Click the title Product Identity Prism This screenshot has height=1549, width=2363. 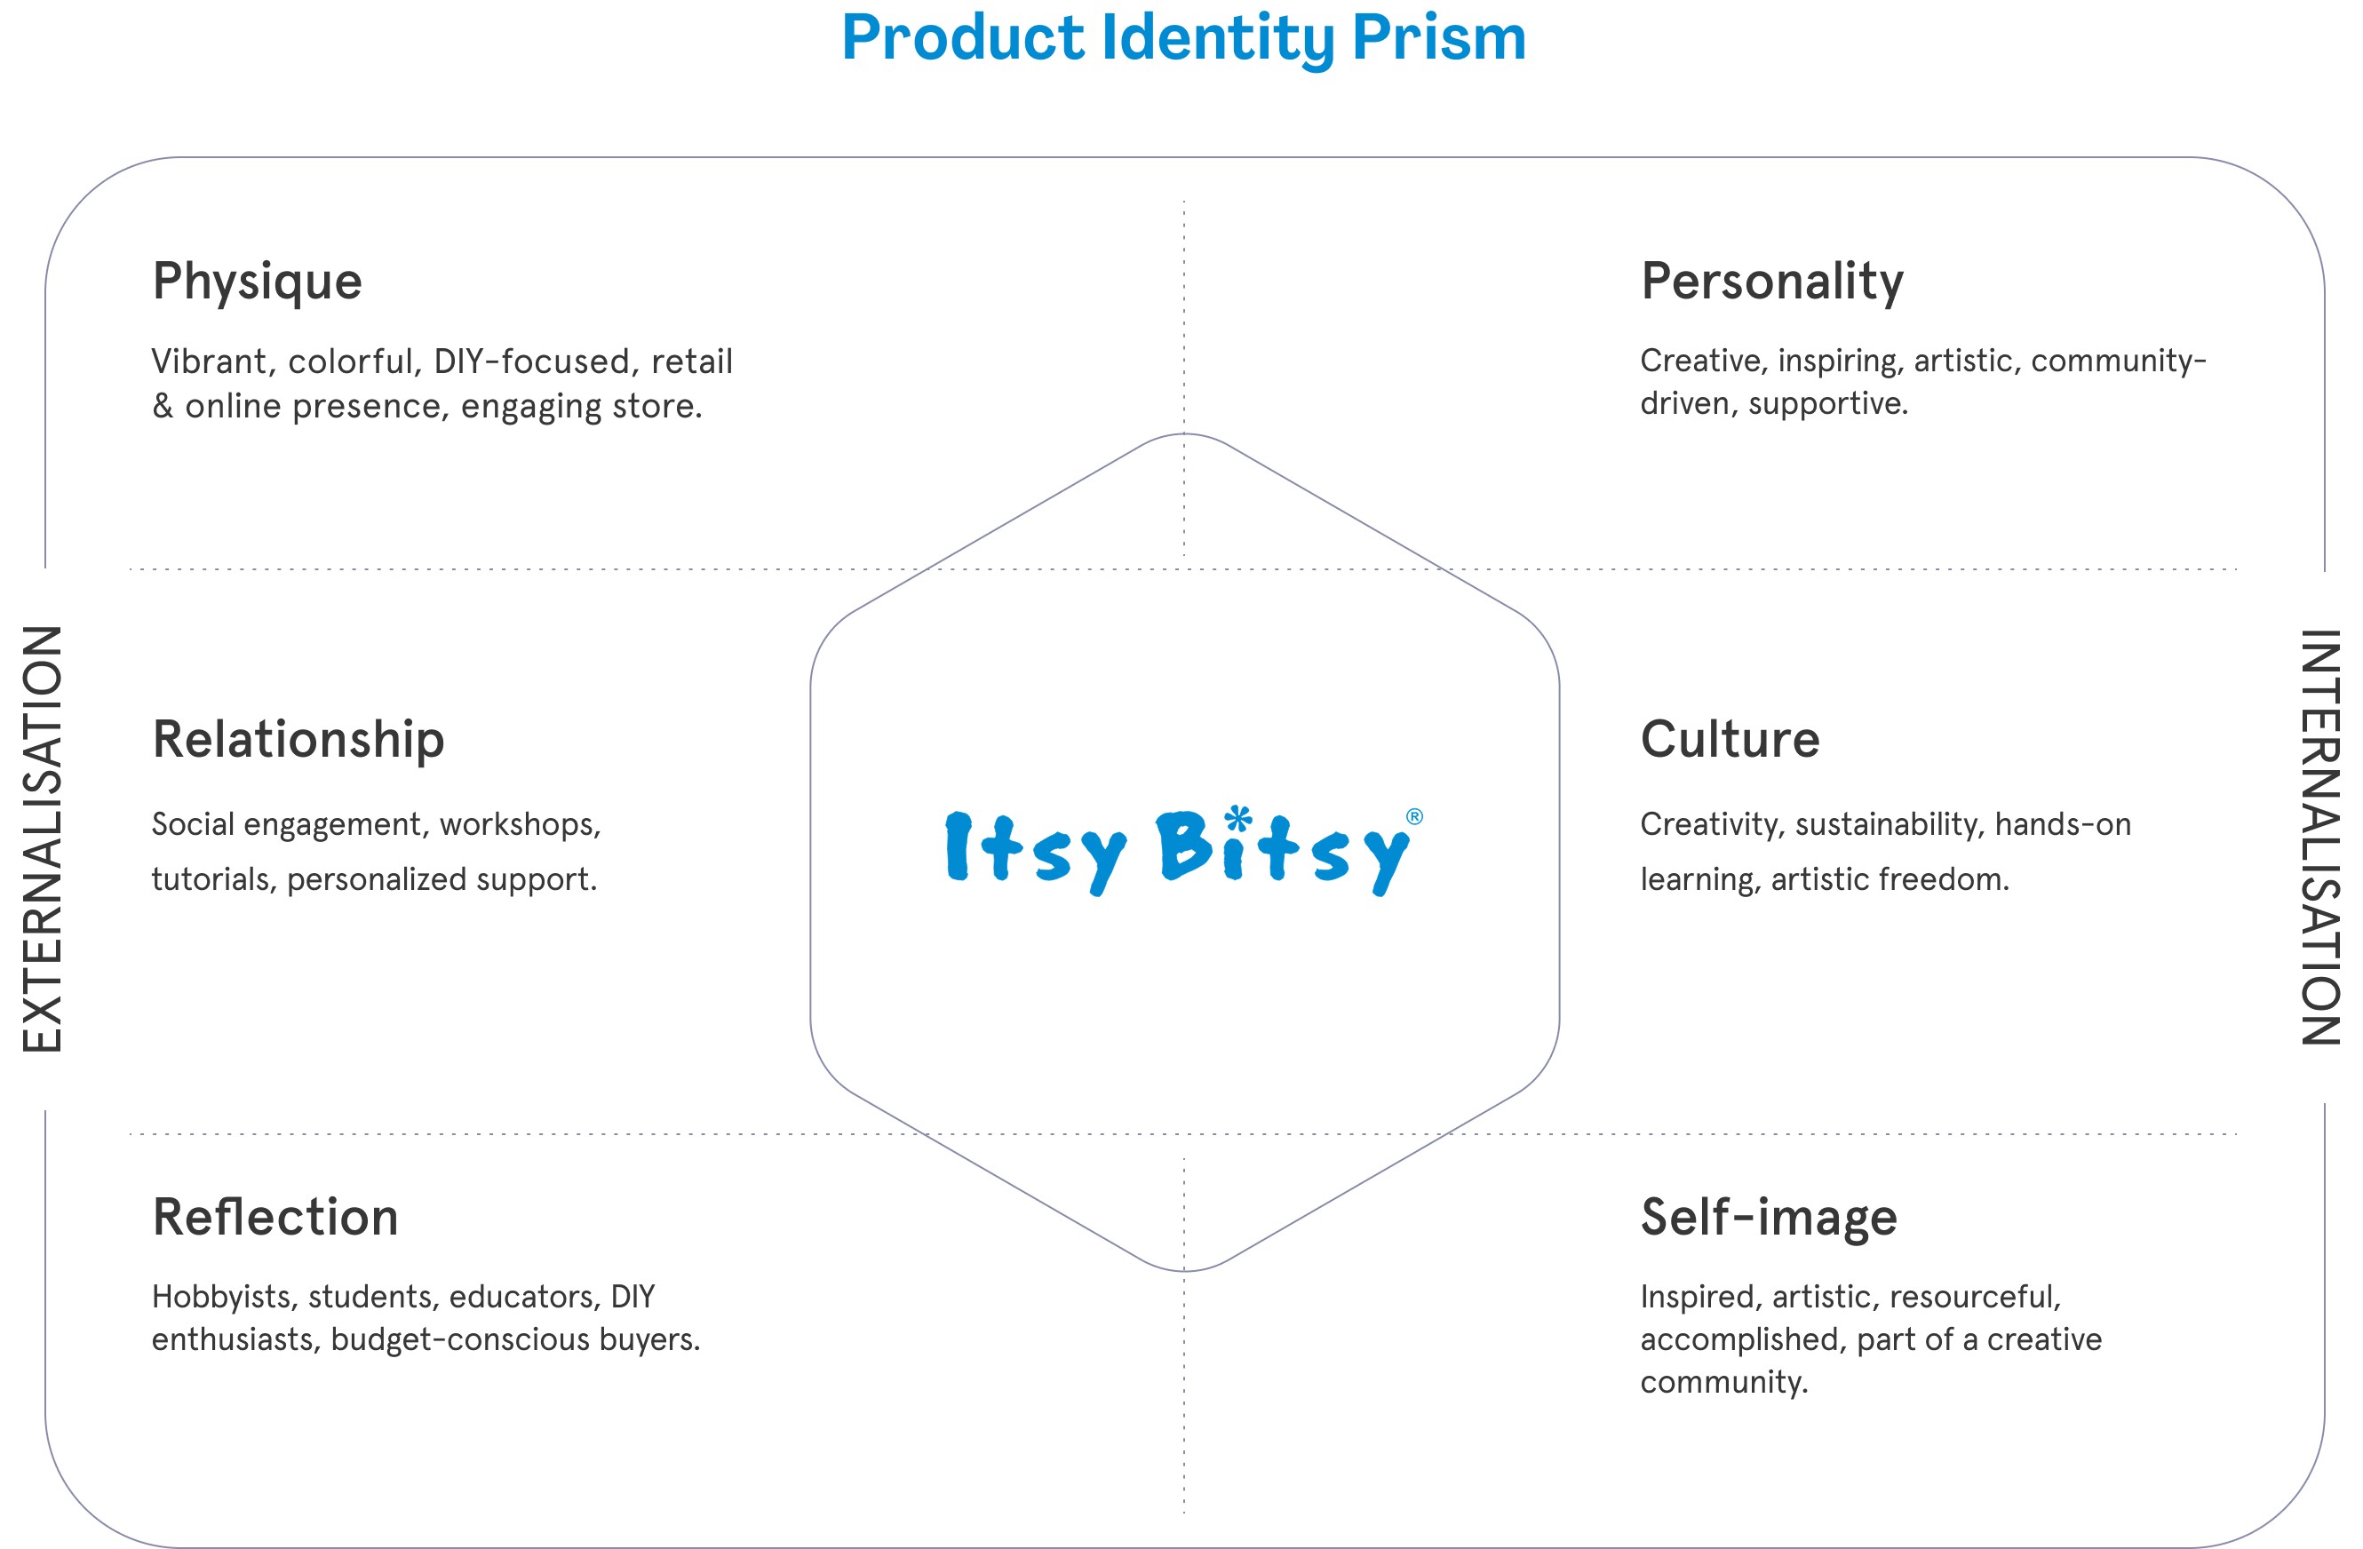(1182, 37)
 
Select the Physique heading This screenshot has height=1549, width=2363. (257, 281)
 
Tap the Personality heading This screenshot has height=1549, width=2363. (1772, 281)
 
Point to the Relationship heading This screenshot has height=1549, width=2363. (298, 740)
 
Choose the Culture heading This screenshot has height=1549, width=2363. (1730, 740)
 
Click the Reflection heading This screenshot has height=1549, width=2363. (275, 1218)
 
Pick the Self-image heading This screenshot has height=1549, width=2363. (1769, 1218)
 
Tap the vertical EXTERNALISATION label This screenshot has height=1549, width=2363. (43, 839)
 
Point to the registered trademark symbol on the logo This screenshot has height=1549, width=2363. (1414, 817)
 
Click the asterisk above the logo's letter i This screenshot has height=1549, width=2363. (1237, 819)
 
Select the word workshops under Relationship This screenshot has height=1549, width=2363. (520, 824)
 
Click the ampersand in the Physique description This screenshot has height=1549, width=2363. (163, 406)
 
